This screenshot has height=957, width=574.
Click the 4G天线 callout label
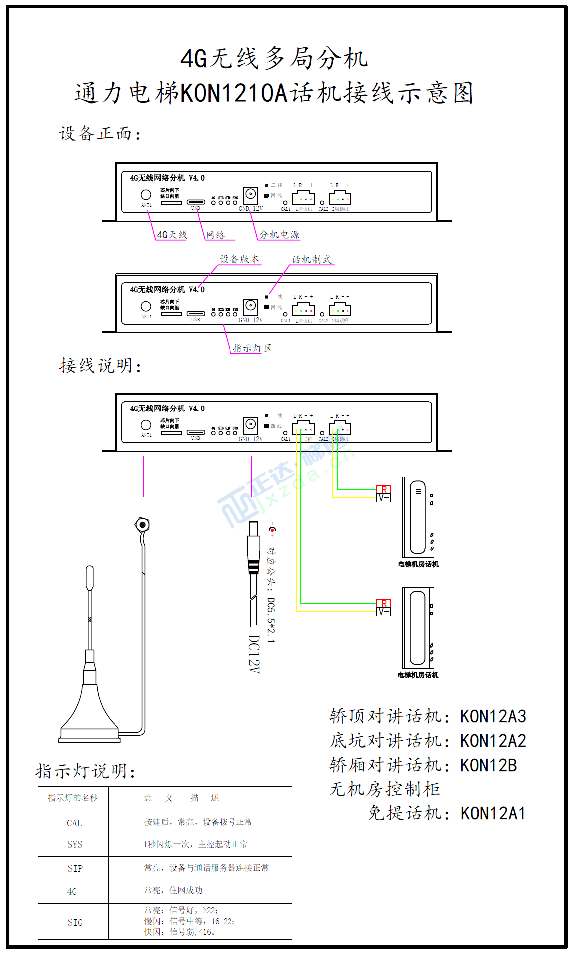point(172,235)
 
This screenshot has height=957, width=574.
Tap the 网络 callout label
point(216,235)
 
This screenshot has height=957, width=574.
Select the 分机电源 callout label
point(279,235)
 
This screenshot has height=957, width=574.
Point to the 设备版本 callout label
point(239,259)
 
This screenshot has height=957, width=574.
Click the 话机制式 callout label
point(311,260)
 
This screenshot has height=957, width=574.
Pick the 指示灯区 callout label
point(252,348)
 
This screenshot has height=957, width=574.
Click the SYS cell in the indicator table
point(75,845)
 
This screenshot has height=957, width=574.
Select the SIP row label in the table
point(75,869)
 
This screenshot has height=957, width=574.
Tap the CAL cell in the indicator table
point(74,823)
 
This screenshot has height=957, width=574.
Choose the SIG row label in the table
point(75,923)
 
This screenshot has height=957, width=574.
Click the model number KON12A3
point(493,717)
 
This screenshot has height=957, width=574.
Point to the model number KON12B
point(488,765)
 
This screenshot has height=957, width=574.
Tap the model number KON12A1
point(493,814)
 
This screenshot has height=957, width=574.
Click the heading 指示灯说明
point(86,771)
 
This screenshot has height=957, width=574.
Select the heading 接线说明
point(100,366)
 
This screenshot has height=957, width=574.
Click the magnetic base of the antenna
point(90,717)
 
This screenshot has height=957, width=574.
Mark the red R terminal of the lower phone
point(384,604)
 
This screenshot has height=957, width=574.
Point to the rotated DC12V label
point(254,654)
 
